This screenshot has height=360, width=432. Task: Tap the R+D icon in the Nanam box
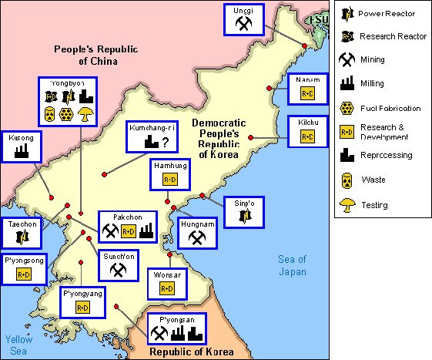click(x=307, y=95)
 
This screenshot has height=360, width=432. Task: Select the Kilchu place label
click(x=307, y=122)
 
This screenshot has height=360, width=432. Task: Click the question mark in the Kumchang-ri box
click(x=166, y=141)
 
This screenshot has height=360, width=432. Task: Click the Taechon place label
click(x=23, y=223)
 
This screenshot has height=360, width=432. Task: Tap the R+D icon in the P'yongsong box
click(x=24, y=274)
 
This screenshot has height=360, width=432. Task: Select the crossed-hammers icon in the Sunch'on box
click(x=118, y=269)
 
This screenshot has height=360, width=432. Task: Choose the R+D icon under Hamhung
click(x=169, y=180)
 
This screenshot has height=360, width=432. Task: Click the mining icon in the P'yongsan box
click(x=159, y=333)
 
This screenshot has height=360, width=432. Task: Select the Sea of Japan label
click(x=293, y=265)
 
